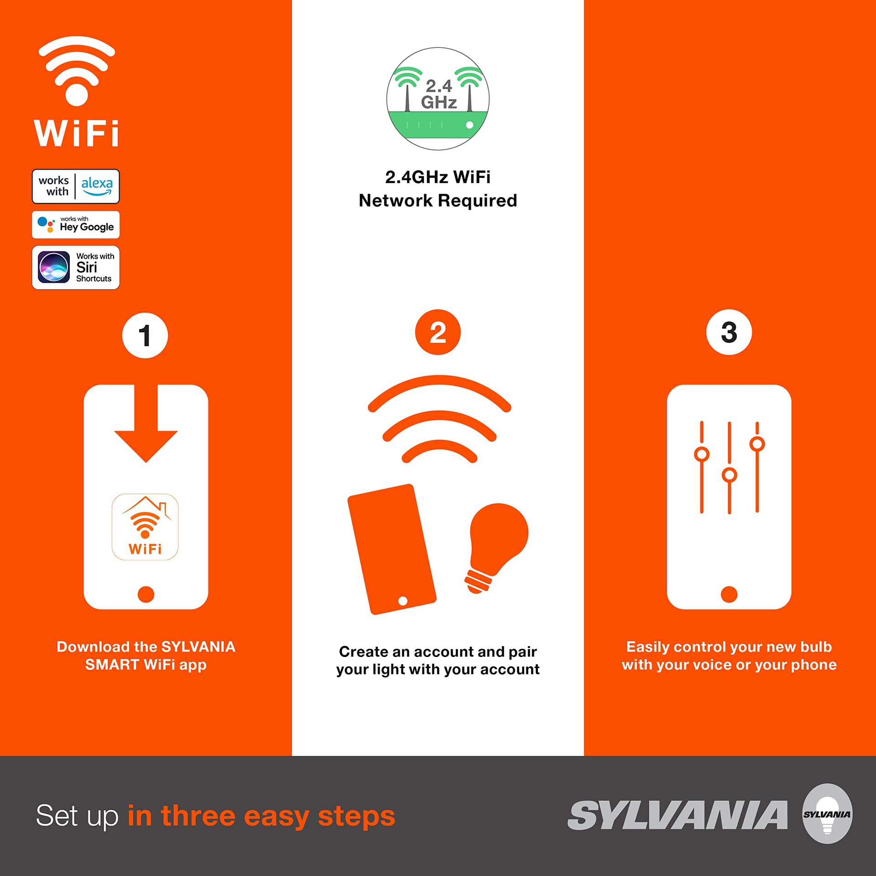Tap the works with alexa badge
coord(76,186)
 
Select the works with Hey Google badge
coord(76,224)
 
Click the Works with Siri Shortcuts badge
coord(76,267)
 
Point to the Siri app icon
coord(54,267)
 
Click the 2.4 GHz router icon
coord(438,99)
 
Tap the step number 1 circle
coord(145,335)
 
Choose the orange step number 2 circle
coord(438,332)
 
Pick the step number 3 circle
coord(729,332)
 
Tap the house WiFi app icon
coord(145,527)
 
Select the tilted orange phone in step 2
coord(392,549)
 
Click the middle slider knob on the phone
coord(730,475)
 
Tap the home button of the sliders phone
coord(729,594)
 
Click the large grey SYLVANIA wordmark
coord(678,815)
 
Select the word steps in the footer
coord(357,817)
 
